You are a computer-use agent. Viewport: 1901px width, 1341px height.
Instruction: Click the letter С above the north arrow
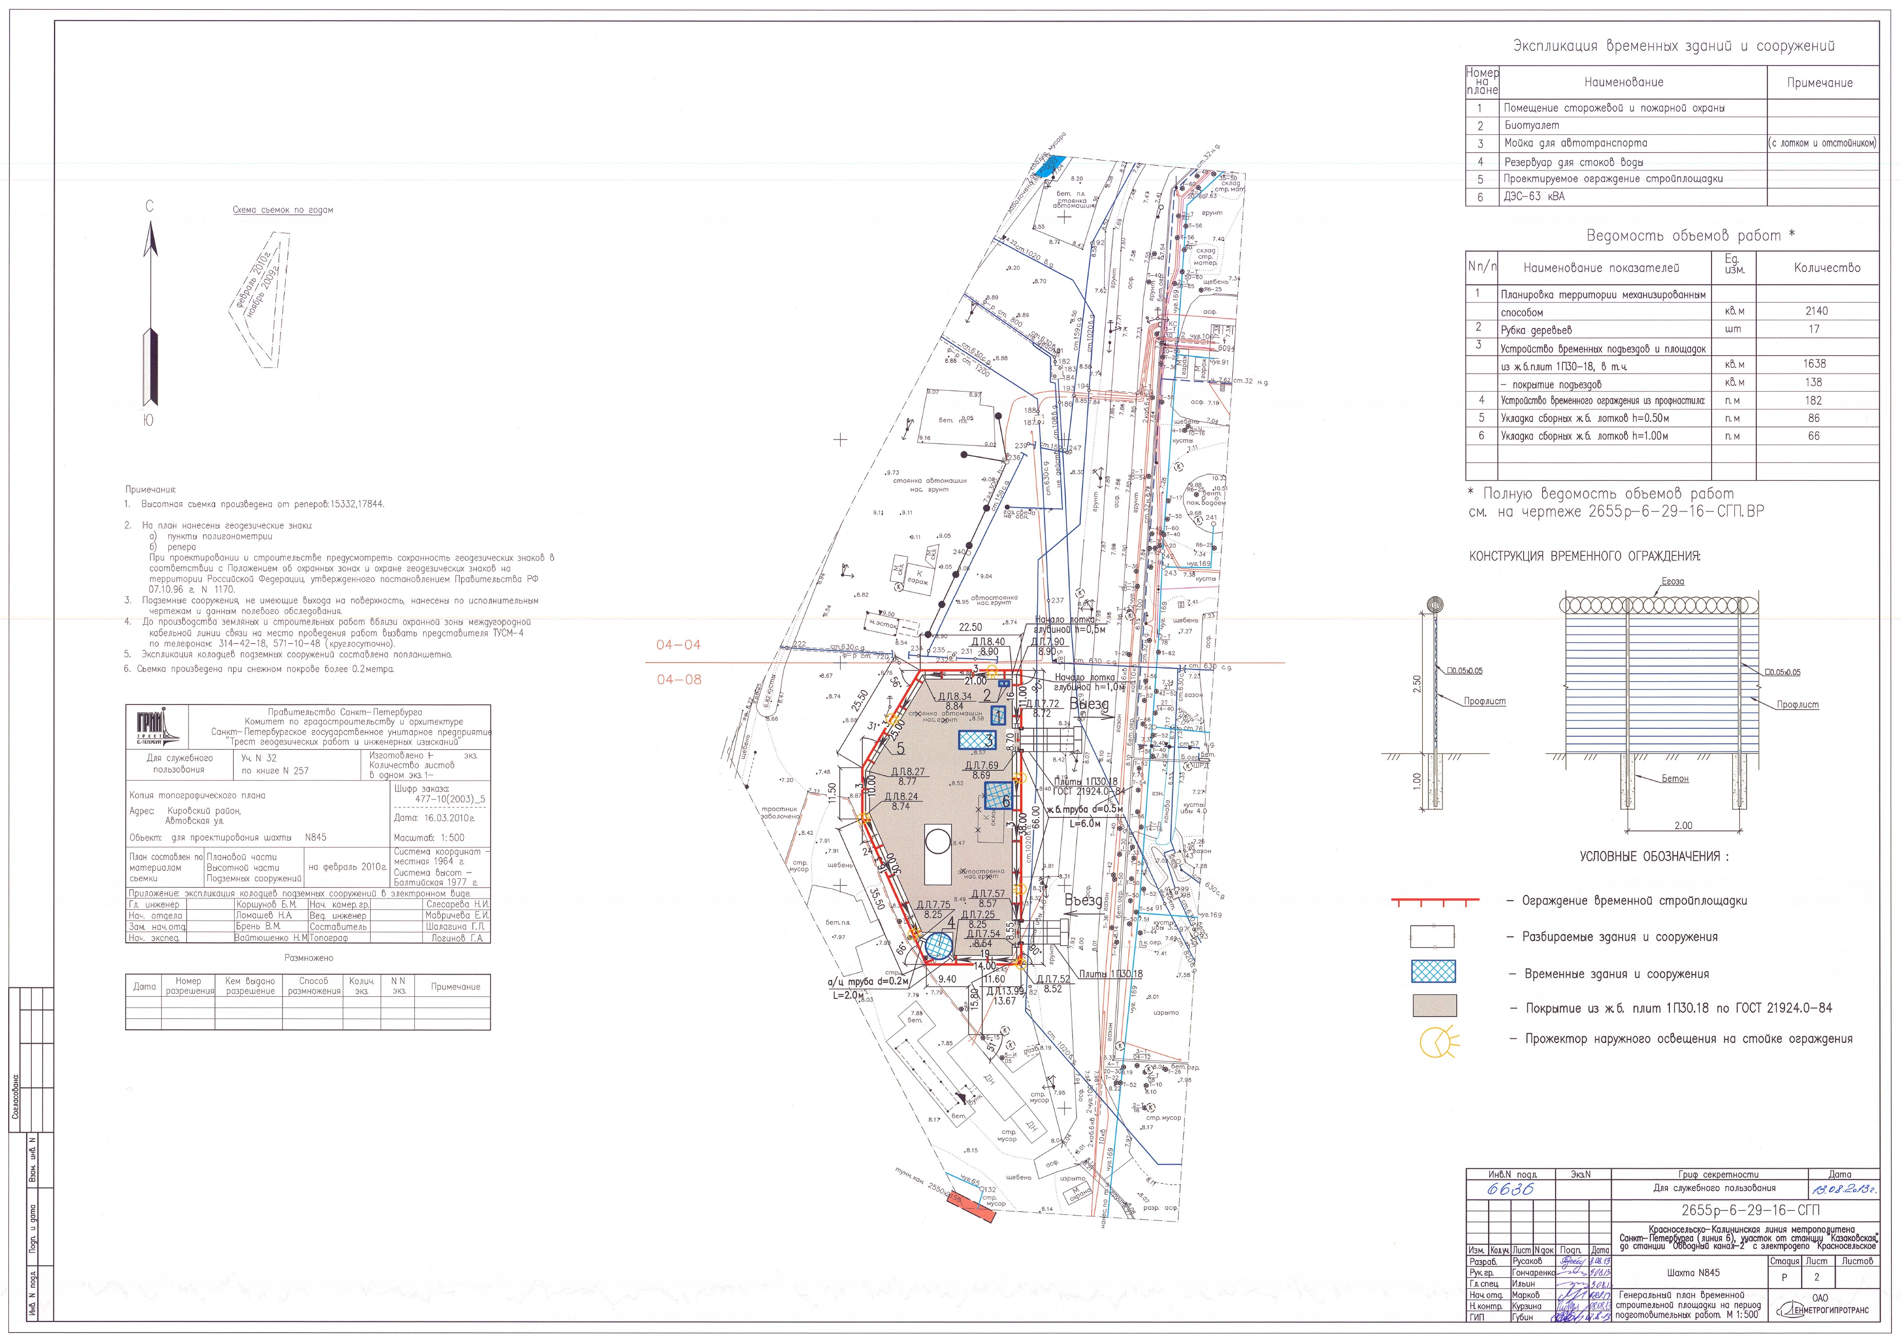(150, 206)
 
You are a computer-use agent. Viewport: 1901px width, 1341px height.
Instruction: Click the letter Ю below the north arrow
(148, 420)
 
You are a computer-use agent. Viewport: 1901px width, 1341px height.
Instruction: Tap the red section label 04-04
(678, 645)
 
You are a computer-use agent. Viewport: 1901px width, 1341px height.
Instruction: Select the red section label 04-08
(678, 680)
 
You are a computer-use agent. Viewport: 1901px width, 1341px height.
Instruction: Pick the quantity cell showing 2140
(1816, 311)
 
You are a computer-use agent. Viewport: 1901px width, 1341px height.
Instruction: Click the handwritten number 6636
(1510, 1190)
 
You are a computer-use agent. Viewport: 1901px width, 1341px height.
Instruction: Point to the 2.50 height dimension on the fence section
(1417, 684)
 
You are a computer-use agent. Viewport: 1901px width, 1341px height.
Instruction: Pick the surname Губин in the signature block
(1522, 1317)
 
